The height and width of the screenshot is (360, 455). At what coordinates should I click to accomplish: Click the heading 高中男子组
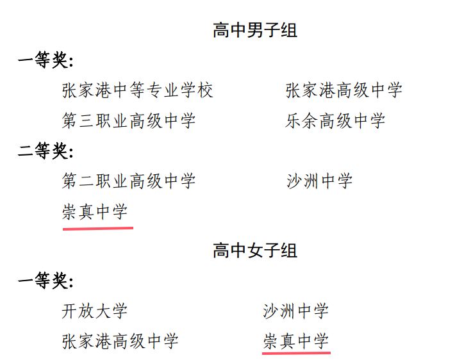click(x=254, y=30)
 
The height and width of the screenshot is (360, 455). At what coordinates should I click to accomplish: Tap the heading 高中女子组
click(x=254, y=250)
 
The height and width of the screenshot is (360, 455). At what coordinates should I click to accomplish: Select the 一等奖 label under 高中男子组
click(x=45, y=61)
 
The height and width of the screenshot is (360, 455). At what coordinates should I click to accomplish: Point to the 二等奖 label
click(x=45, y=151)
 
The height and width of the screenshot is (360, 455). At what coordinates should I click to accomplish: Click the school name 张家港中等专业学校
click(x=137, y=90)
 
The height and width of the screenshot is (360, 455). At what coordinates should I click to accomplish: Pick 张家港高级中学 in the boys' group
click(x=343, y=90)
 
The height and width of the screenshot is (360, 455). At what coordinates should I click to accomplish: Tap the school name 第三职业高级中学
click(x=128, y=120)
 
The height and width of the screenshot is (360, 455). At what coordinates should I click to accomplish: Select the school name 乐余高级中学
click(x=335, y=120)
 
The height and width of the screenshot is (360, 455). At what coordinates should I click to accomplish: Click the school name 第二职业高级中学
click(x=128, y=181)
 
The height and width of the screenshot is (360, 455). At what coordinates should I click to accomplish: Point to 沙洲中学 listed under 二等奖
click(x=319, y=181)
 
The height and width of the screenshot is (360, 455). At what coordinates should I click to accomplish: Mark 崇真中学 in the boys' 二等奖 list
click(x=95, y=211)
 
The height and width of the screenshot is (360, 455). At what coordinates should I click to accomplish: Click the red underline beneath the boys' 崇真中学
click(x=97, y=227)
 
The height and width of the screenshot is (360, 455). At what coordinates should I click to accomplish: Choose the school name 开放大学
click(x=94, y=311)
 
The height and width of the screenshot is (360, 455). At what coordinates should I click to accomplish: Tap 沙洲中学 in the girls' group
click(x=295, y=311)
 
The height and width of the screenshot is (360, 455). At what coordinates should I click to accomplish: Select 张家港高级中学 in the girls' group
click(x=120, y=341)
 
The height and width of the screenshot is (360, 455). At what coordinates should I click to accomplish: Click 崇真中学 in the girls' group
click(x=295, y=341)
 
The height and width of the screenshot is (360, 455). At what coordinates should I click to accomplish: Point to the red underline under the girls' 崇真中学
click(x=297, y=352)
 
